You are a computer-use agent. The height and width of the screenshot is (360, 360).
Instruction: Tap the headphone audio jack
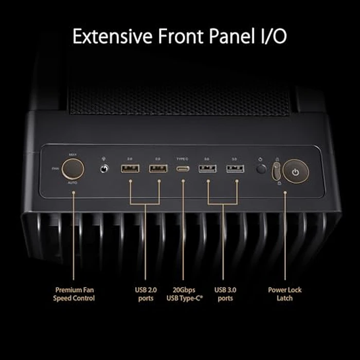(105, 168)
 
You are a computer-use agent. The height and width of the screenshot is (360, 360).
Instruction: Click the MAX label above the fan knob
(73, 154)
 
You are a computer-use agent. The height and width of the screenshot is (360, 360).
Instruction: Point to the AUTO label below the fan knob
(73, 183)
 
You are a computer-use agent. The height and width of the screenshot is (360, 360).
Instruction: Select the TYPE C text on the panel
(183, 159)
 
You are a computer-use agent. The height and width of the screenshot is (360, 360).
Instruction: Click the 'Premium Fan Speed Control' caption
(75, 294)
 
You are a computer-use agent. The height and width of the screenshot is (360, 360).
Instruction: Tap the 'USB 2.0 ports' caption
(146, 294)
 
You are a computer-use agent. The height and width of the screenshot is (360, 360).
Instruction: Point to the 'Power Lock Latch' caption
(285, 294)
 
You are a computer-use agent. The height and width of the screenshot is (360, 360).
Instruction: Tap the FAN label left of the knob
(55, 168)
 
